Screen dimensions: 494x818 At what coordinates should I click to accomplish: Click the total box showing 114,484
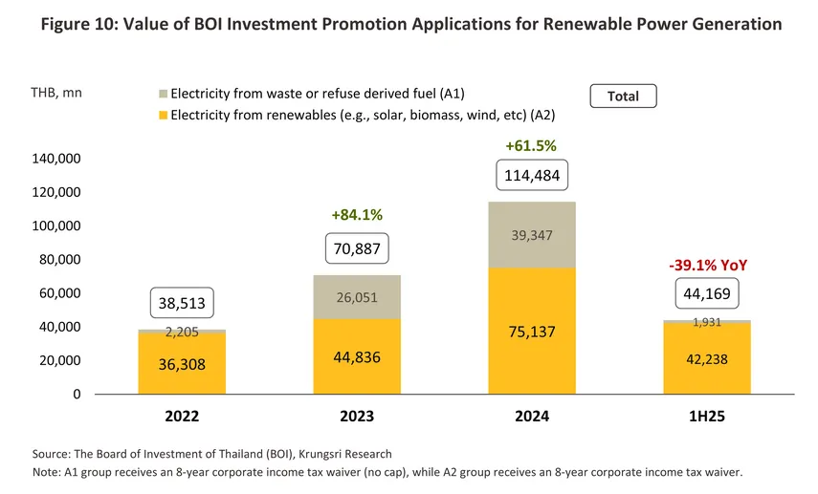[x=532, y=175]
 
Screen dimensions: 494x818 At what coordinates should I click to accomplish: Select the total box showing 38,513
[x=182, y=304]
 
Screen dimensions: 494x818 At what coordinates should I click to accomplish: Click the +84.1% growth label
[x=357, y=215]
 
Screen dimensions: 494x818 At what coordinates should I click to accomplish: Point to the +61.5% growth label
[x=531, y=146]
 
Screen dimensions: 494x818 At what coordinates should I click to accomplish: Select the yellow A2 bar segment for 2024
[x=532, y=331]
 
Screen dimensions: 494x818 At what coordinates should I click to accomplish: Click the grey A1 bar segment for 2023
[x=357, y=297]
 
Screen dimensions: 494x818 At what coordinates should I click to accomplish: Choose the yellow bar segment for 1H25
[x=707, y=359]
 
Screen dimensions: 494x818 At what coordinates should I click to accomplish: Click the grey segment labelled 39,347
[x=532, y=235]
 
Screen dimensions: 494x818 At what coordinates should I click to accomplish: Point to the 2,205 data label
[x=182, y=332]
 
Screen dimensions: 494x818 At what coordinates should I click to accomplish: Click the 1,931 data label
[x=707, y=322]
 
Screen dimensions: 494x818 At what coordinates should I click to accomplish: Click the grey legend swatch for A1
[x=163, y=95]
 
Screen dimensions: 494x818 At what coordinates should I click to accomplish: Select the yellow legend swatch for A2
[x=163, y=115]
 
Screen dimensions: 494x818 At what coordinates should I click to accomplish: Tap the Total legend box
[x=623, y=96]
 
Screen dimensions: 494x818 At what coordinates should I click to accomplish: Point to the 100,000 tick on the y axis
[x=84, y=226]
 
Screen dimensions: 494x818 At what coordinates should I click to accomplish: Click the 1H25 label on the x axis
[x=707, y=418]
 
